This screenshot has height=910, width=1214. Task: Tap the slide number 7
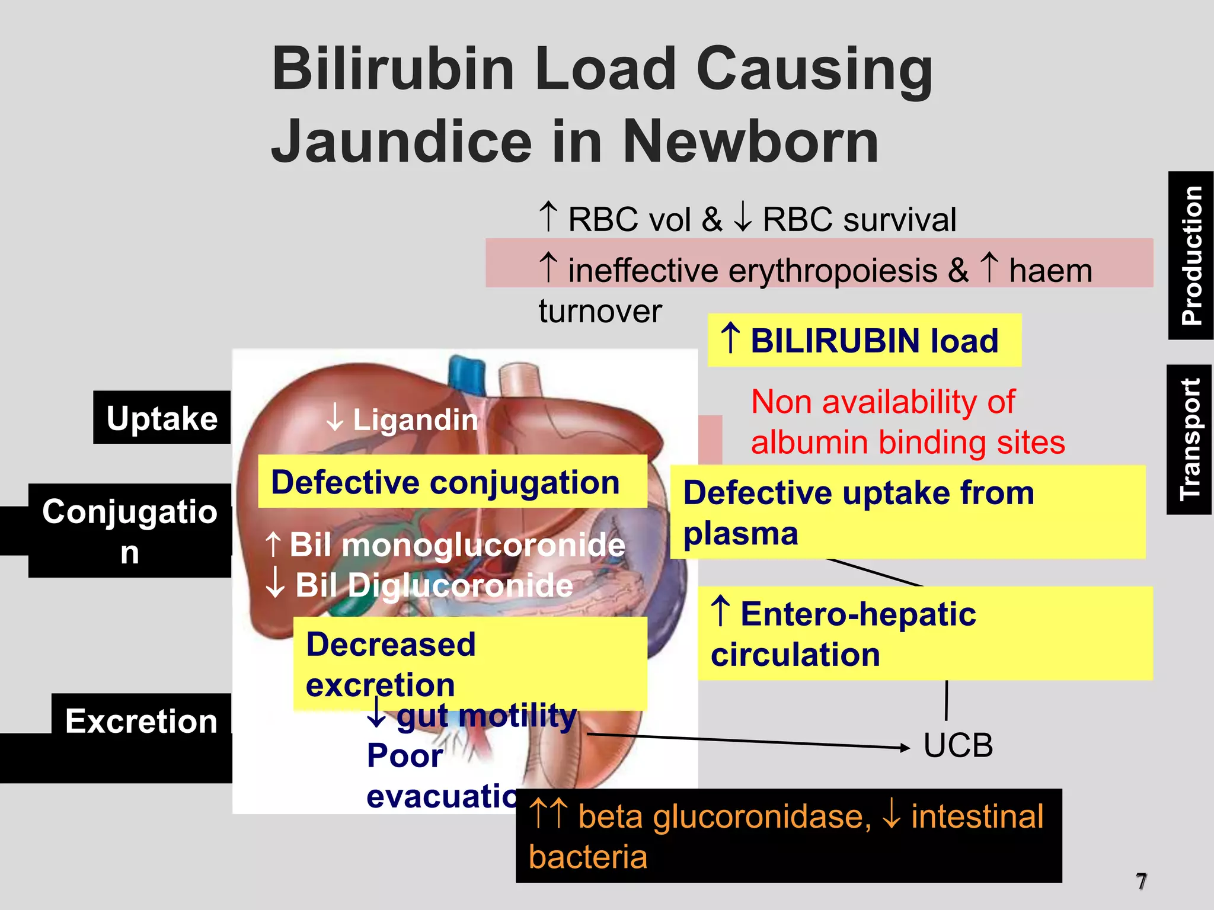point(1141,881)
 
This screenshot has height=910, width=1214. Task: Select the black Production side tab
point(1190,255)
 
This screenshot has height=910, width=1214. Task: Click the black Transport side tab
point(1189,440)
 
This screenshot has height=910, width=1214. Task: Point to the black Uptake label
point(162,418)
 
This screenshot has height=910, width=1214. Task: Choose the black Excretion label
point(141,721)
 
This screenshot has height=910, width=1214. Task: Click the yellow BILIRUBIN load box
point(864,341)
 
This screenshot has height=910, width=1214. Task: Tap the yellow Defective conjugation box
point(452,482)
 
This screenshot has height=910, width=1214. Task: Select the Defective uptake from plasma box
point(907,512)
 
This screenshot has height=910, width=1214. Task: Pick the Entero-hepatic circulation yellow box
point(925,633)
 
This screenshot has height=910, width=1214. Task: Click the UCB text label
point(958,745)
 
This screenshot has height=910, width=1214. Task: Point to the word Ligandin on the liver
point(416,420)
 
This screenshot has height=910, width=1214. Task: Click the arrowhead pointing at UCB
point(905,748)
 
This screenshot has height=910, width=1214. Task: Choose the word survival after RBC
point(900,220)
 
